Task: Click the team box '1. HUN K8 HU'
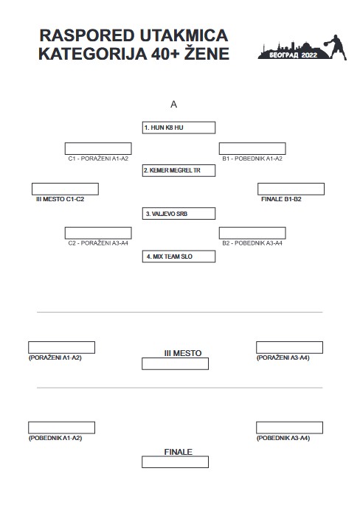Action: click(x=179, y=128)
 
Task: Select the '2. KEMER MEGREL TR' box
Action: click(x=179, y=170)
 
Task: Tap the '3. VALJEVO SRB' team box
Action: click(x=179, y=213)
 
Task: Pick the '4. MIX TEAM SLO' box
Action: click(x=179, y=257)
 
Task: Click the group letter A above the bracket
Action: click(x=173, y=105)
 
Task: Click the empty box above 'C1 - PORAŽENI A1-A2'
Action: click(x=98, y=148)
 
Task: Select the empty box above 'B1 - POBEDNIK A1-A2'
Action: click(x=252, y=148)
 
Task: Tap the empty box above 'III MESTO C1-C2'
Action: click(x=65, y=189)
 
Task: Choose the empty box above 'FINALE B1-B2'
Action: click(x=291, y=189)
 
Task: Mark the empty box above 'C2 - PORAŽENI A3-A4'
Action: click(x=98, y=233)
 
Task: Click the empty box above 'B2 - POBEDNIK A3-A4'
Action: click(x=252, y=233)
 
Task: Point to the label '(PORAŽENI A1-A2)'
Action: click(x=55, y=358)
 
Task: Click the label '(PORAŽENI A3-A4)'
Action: click(x=283, y=358)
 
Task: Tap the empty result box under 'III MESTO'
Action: click(x=176, y=363)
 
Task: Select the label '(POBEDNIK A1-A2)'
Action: click(x=55, y=438)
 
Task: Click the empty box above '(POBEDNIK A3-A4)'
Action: click(x=289, y=428)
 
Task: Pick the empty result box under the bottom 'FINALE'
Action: click(x=176, y=461)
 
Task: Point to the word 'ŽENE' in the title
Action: click(x=207, y=54)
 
